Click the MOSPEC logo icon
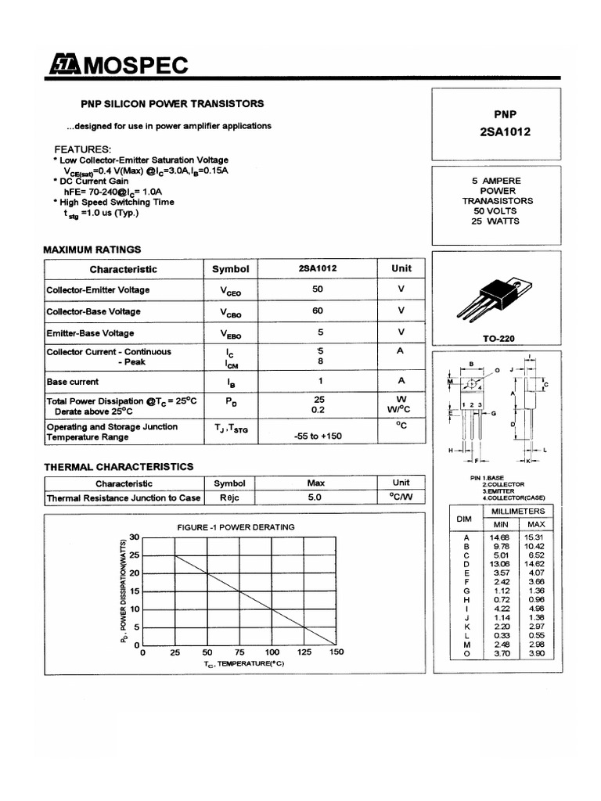63,66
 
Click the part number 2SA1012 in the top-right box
504,131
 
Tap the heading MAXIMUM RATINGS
92,250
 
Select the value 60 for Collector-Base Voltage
318,311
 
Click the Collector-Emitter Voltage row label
98,289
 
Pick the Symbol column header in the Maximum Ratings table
230,269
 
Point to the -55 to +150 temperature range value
318,436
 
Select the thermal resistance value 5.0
315,497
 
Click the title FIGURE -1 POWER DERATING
236,527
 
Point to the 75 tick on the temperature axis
239,652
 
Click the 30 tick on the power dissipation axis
134,537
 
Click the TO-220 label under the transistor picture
498,339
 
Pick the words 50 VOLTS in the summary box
496,210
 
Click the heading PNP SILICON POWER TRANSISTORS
173,103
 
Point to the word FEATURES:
82,149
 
